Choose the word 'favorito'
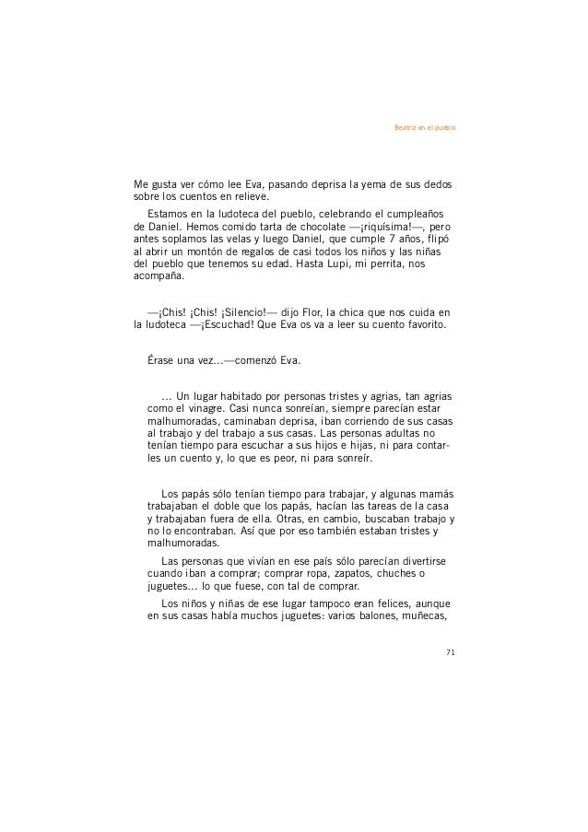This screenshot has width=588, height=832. coord(418,326)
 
